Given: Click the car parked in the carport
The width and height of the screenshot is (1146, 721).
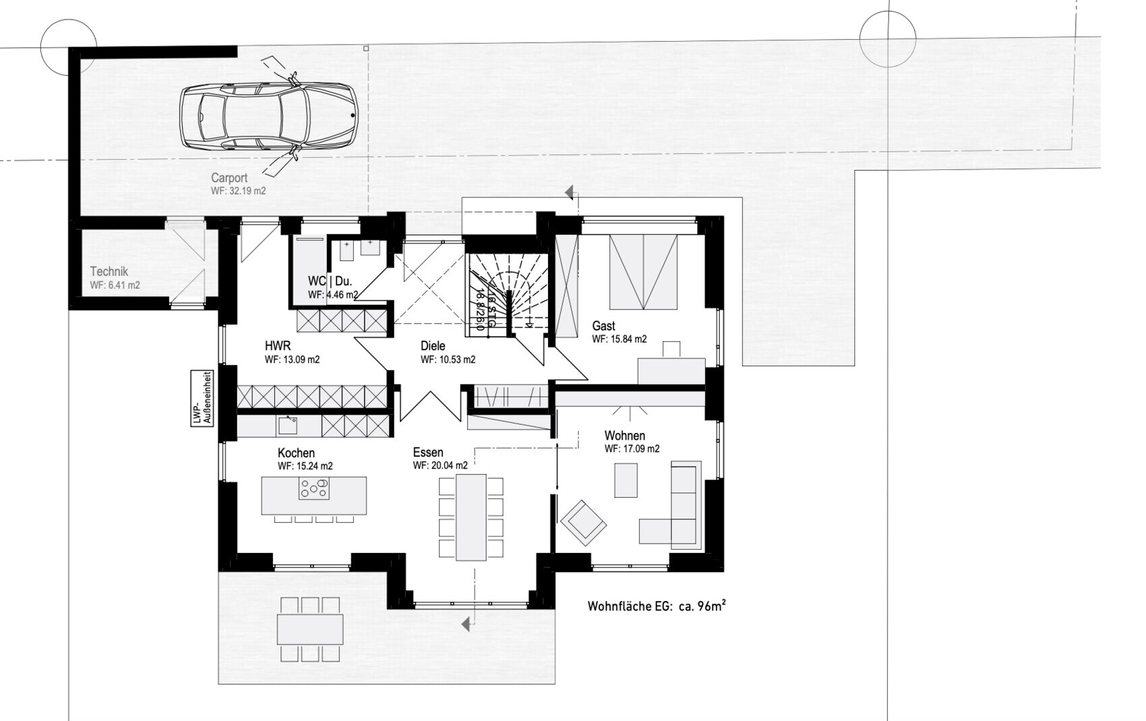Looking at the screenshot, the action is click(x=268, y=117).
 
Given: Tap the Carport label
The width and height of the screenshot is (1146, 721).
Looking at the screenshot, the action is click(x=229, y=177).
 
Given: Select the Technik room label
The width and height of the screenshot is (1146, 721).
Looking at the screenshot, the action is click(x=109, y=272).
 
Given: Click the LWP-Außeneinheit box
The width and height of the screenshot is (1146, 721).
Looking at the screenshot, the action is click(x=202, y=398).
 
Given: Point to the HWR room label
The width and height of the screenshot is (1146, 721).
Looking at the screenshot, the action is click(x=278, y=345).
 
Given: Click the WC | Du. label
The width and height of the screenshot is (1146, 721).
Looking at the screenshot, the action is click(x=330, y=281).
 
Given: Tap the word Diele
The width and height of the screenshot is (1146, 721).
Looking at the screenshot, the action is click(x=433, y=346).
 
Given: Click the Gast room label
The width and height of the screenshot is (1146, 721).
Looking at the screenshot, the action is click(x=604, y=326).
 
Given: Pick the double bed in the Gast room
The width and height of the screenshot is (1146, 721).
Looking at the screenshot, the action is click(x=643, y=272).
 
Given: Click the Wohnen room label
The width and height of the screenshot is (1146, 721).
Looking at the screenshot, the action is click(x=625, y=436).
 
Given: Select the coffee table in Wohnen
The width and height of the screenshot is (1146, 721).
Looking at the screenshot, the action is click(x=626, y=480).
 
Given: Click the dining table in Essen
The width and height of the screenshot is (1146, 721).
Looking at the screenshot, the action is click(x=471, y=517).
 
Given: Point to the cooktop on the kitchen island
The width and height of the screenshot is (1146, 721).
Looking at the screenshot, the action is click(x=314, y=488).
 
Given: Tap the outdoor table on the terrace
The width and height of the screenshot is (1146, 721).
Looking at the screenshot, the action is click(x=310, y=629).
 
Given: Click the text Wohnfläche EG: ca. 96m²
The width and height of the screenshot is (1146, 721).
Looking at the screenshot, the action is click(x=657, y=606).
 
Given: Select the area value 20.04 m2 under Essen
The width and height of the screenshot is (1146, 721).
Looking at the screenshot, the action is click(x=440, y=465).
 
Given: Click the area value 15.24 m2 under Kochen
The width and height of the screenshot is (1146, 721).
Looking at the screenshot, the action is click(x=305, y=466).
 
